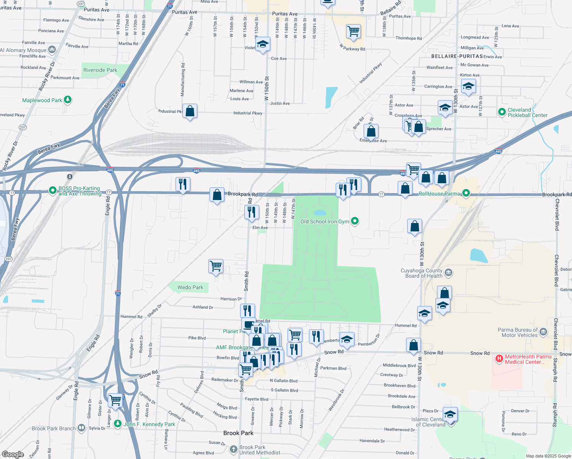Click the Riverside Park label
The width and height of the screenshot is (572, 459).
point(100,70)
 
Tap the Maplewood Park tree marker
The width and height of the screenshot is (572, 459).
point(68,100)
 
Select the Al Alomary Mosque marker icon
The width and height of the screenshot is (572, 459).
point(52,50)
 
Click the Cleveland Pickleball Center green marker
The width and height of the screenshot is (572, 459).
point(502,112)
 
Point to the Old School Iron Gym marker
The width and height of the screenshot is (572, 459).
point(355,221)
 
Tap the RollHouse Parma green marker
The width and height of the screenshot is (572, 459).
point(466,193)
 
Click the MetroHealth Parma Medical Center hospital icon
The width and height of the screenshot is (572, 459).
point(499,359)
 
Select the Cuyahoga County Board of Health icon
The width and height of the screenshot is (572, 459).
point(449,273)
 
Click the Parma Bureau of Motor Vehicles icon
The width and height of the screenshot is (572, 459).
point(543,332)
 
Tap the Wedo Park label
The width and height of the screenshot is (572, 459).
point(190,287)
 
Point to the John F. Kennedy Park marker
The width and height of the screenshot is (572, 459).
point(118,424)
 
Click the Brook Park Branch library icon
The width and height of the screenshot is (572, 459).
point(81,428)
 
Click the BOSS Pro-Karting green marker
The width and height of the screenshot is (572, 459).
point(53,190)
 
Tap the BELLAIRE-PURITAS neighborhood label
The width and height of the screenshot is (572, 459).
point(457,56)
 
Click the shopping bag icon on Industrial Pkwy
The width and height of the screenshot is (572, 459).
point(190,111)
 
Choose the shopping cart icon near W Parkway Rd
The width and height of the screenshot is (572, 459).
point(354,32)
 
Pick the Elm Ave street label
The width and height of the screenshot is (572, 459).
point(260,228)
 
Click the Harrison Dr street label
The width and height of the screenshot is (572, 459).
point(231,299)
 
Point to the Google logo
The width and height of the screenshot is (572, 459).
point(13,454)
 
